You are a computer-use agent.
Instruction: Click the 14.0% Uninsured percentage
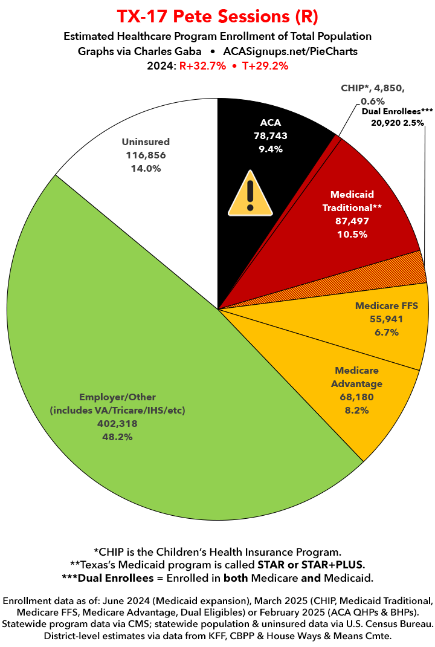tap(146, 169)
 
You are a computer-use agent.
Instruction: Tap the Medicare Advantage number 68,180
tap(357, 397)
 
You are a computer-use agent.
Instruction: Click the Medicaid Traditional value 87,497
tap(352, 221)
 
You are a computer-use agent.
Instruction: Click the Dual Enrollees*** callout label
tap(398, 111)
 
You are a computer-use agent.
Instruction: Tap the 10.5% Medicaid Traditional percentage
tap(352, 235)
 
